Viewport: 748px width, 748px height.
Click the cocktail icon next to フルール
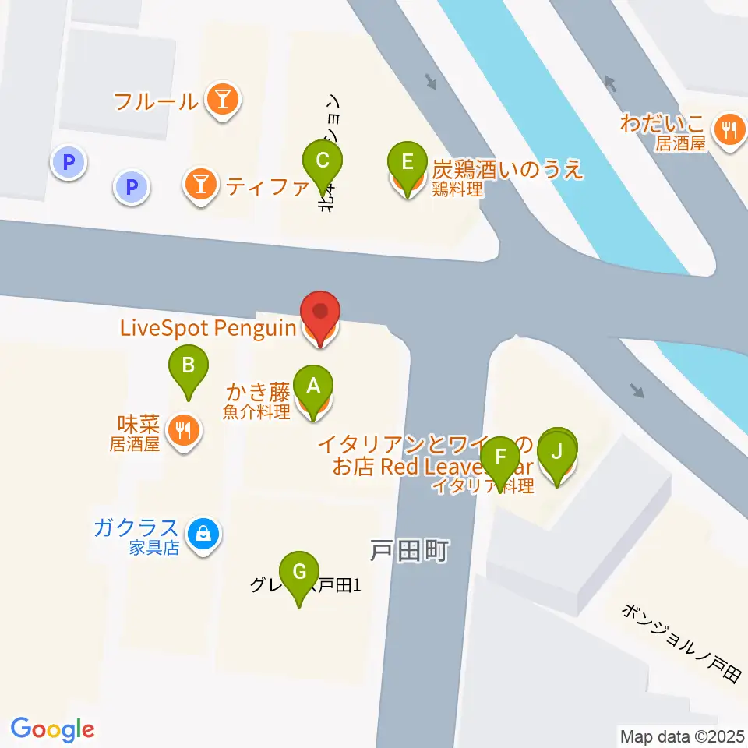click(224, 100)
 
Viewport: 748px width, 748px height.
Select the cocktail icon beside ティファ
click(201, 185)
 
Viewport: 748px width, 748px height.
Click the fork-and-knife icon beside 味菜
click(184, 430)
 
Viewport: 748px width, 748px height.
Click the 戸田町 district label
click(408, 552)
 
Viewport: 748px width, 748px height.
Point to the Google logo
click(53, 729)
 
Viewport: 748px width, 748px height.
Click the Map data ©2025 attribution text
click(681, 735)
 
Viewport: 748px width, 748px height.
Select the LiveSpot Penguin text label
click(207, 328)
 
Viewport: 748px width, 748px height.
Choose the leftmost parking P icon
click(68, 163)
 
